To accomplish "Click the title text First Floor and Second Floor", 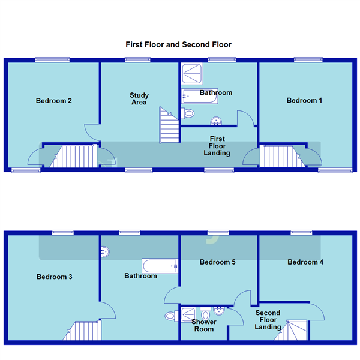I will coord(178,44).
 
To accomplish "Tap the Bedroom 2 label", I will coord(54,101).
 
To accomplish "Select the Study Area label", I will coord(139,99).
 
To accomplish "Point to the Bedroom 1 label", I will coord(304,101).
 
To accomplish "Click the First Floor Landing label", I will coord(217,146).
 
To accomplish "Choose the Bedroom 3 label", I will coord(55,277).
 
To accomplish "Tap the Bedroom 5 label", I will coord(217,262).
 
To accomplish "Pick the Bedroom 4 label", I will coord(305,262).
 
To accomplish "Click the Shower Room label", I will coord(204,325).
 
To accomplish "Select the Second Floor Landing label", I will coord(268,320).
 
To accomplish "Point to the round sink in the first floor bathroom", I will coord(215,122).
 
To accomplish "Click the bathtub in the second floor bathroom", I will coord(160,266).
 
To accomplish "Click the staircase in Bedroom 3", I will coord(85,330).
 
